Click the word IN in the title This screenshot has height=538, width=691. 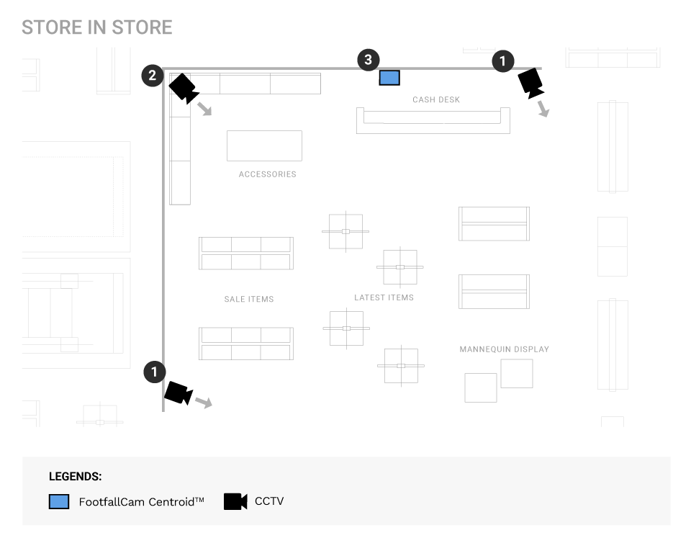[x=96, y=27]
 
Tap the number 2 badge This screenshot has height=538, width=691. [x=153, y=75]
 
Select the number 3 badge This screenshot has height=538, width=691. [x=369, y=60]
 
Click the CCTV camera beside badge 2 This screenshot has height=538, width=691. [x=183, y=88]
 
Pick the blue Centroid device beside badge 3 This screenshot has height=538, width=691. [x=389, y=78]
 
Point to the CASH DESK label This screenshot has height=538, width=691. [x=436, y=99]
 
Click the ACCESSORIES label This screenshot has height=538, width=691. [x=268, y=174]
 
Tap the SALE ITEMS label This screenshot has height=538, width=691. [x=249, y=299]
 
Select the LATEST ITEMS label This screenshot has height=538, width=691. [x=384, y=297]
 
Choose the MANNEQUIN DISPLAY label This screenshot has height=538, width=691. [x=505, y=349]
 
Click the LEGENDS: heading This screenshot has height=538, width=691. [x=75, y=477]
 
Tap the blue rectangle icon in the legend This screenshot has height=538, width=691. [x=59, y=501]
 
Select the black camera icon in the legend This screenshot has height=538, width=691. [x=235, y=501]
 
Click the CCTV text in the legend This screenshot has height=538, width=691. [x=269, y=501]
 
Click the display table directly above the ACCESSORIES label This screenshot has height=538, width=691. [x=264, y=145]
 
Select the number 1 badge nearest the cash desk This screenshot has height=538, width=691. [x=503, y=61]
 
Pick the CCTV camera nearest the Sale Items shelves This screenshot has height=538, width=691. [x=178, y=393]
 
